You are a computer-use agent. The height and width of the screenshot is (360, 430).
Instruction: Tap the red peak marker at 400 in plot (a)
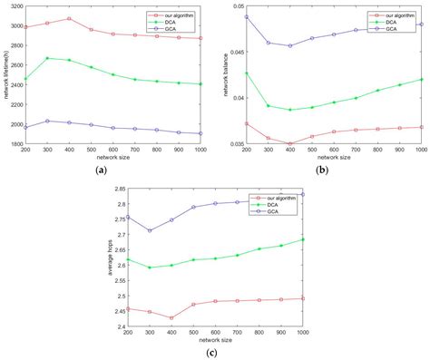coord(69,18)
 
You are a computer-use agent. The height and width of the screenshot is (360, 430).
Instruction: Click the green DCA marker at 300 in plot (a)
coord(47,58)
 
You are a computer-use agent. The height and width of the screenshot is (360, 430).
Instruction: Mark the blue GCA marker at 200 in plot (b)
coord(247,16)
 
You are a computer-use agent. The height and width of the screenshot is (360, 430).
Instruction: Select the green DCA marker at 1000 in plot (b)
coord(422,79)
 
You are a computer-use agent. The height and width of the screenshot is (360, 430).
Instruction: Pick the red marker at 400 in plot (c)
coord(171,317)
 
